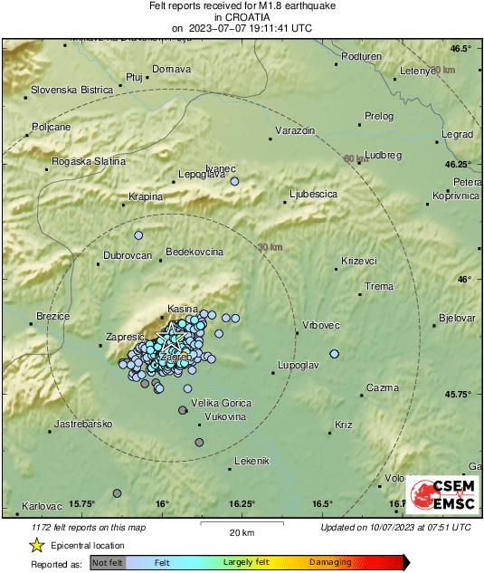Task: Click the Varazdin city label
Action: tap(296, 131)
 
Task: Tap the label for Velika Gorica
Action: tap(220, 403)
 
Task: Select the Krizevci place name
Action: tap(358, 261)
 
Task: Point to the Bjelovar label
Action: tap(457, 318)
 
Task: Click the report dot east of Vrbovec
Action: tap(334, 354)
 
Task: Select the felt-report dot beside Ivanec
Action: tap(234, 182)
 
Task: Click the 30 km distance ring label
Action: tap(270, 247)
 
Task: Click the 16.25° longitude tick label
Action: tap(242, 504)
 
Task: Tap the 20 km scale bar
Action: tap(240, 524)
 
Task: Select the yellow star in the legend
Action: tap(36, 545)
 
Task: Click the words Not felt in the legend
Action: tap(108, 563)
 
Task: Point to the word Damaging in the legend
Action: tap(332, 563)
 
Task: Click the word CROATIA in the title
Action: tap(242, 16)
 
